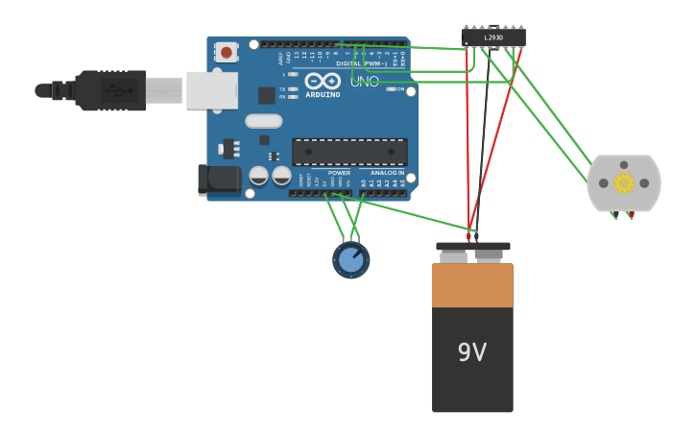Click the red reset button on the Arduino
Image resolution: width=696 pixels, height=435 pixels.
click(226, 52)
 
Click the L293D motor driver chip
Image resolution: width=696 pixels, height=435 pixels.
click(493, 37)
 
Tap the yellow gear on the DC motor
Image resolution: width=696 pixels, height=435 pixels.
click(624, 182)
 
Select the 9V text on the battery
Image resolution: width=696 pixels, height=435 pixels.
click(471, 352)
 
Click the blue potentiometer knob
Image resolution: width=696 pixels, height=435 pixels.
click(350, 259)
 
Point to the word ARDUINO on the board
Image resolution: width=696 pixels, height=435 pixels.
click(323, 95)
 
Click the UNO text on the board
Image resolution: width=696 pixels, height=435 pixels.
click(364, 82)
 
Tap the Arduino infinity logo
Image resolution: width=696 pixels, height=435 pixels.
click(323, 81)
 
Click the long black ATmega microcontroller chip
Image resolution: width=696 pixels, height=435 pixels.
click(349, 151)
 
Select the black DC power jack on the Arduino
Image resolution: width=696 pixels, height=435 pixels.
click(220, 179)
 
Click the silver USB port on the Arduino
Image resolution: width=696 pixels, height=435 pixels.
click(211, 89)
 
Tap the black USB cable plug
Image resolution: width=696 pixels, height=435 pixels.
click(111, 90)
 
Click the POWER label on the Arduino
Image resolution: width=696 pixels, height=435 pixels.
click(339, 173)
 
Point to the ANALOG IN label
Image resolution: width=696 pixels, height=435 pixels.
click(388, 173)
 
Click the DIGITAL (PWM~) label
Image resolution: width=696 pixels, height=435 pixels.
click(362, 63)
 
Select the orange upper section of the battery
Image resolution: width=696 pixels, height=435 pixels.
click(472, 285)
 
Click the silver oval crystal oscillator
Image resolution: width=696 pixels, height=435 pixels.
click(263, 121)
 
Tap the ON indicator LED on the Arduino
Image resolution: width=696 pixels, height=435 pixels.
click(390, 88)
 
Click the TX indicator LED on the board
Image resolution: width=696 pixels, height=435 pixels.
click(293, 88)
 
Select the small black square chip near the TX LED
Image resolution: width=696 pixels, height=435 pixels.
click(267, 95)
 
